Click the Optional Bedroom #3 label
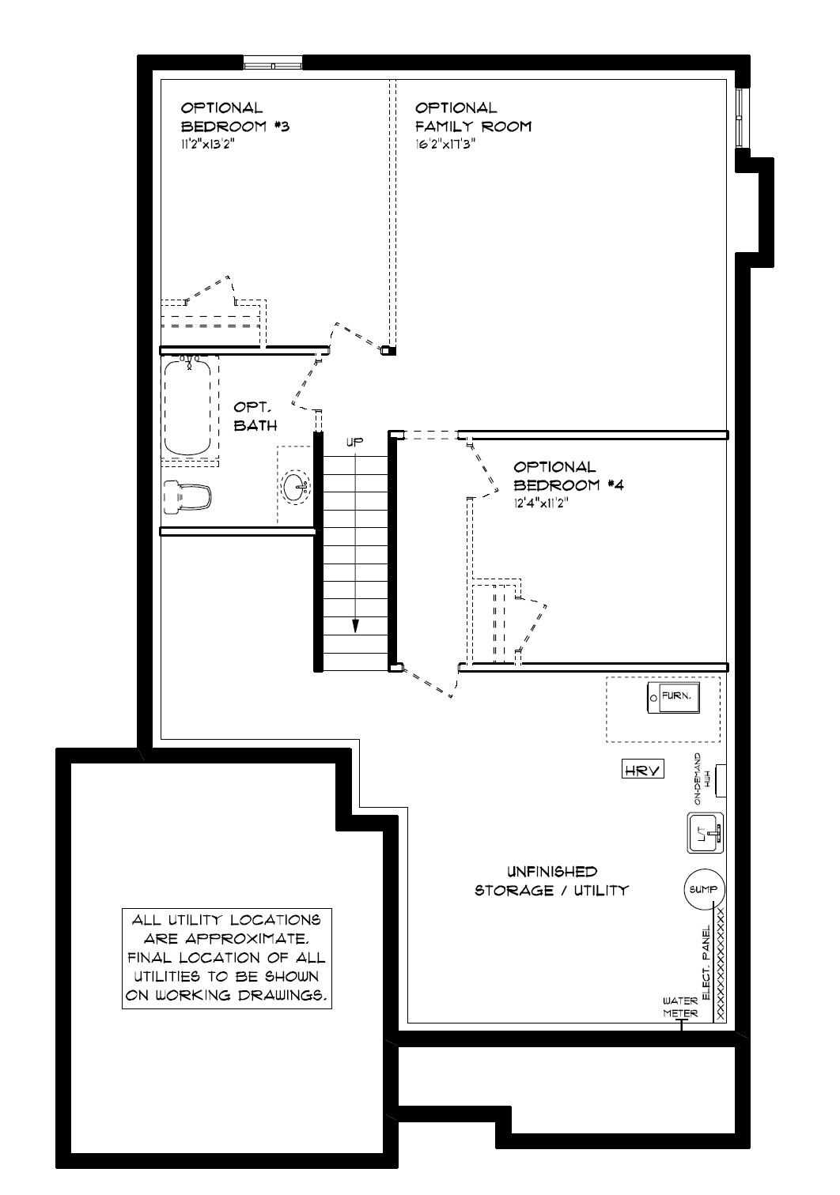pyautogui.click(x=235, y=117)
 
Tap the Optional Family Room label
pyautogui.click(x=473, y=117)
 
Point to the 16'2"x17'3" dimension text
pyautogui.click(x=445, y=144)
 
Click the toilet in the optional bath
pyautogui.click(x=187, y=497)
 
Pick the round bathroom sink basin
pyautogui.click(x=296, y=487)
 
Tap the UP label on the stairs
pyautogui.click(x=354, y=442)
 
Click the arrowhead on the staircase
pyautogui.click(x=355, y=626)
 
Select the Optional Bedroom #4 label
pyautogui.click(x=568, y=476)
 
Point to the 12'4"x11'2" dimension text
pyautogui.click(x=540, y=503)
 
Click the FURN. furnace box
pyautogui.click(x=673, y=697)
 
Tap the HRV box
pyautogui.click(x=642, y=771)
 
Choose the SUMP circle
pyautogui.click(x=704, y=889)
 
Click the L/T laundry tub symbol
pyautogui.click(x=705, y=833)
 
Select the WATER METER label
pyautogui.click(x=680, y=1007)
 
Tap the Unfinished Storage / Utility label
pyautogui.click(x=551, y=880)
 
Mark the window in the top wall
pyautogui.click(x=273, y=63)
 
